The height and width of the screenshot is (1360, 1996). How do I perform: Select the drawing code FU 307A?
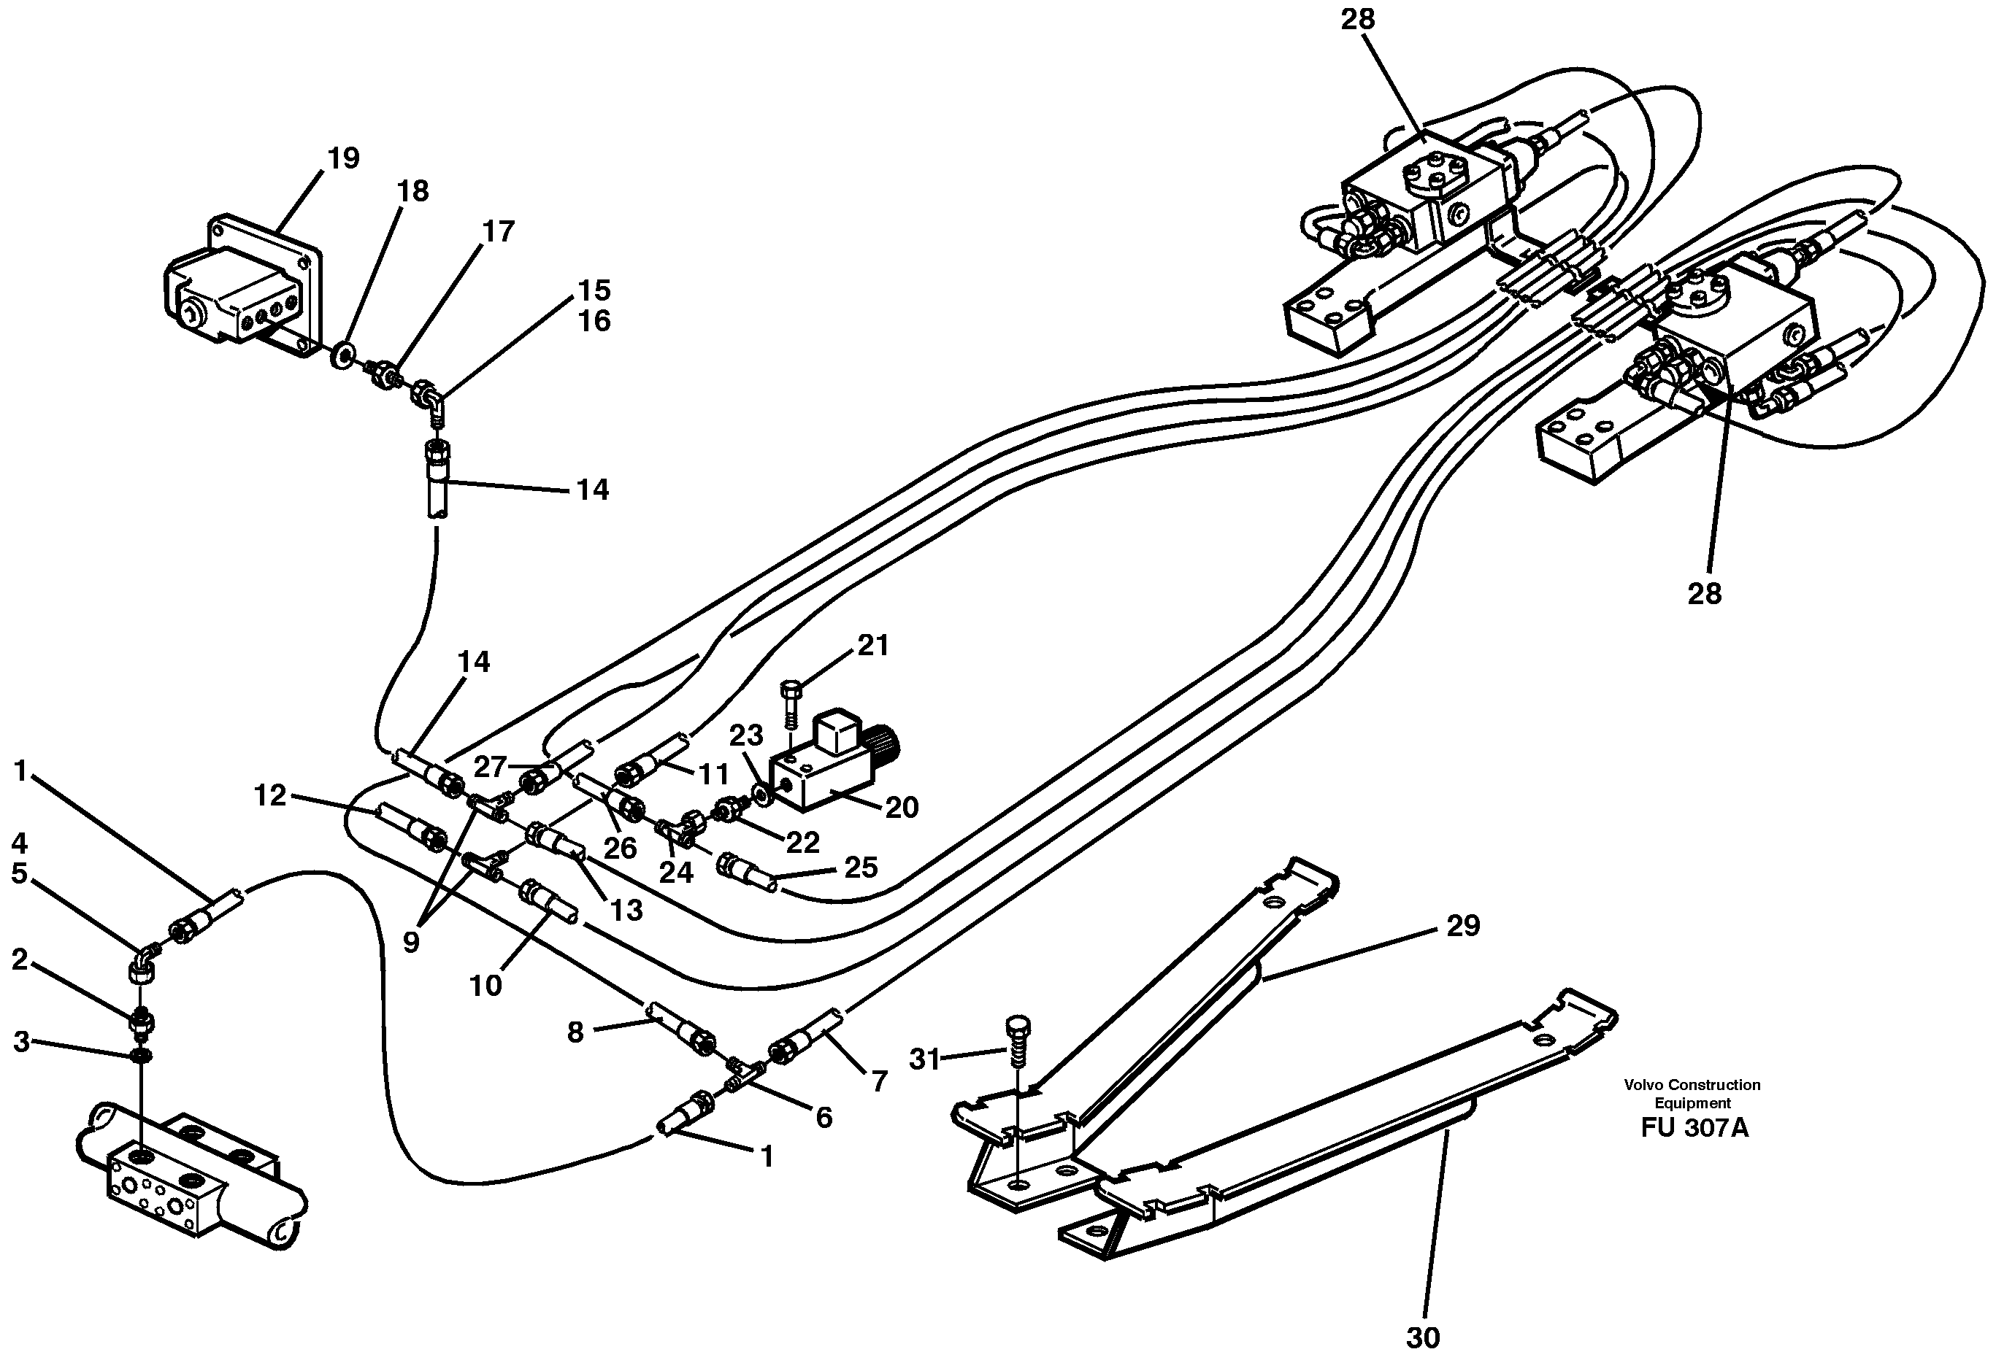1694,1127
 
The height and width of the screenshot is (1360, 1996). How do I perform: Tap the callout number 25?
860,868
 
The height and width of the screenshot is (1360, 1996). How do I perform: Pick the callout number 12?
269,796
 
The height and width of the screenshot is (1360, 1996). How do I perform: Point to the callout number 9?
410,942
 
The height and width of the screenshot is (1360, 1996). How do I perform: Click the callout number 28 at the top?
1358,20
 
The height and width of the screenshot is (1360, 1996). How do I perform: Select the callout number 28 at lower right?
1705,593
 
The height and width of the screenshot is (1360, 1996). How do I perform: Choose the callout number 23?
746,735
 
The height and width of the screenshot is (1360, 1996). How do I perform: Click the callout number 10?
485,986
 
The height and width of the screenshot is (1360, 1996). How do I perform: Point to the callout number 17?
498,232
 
